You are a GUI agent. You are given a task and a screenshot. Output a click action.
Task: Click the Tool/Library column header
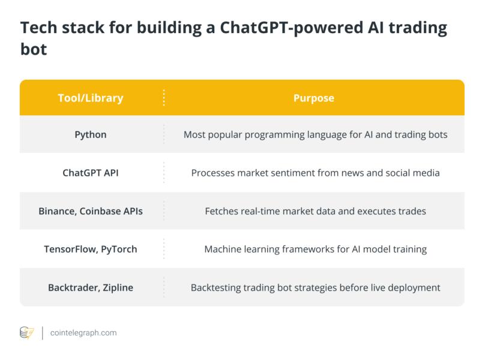[x=90, y=98]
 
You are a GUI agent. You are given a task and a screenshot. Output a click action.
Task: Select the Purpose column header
[x=313, y=98]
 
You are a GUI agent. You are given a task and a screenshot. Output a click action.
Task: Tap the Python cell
[x=90, y=134]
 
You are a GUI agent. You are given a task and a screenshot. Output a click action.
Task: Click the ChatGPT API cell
[x=90, y=173]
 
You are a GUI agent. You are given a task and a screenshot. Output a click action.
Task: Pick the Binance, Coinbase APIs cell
[x=90, y=211]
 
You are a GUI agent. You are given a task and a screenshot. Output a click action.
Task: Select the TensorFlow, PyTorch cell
[x=90, y=249]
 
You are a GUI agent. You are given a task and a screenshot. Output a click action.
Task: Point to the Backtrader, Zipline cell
[x=90, y=287]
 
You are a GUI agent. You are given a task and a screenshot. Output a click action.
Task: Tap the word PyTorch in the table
[x=118, y=249]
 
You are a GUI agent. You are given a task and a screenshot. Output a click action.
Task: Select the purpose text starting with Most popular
[x=315, y=134]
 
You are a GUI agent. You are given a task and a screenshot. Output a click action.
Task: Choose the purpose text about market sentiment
[x=315, y=173]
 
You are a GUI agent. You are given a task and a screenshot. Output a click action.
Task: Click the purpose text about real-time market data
[x=315, y=211]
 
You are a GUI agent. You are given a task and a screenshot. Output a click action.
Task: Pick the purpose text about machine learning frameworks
[x=315, y=249]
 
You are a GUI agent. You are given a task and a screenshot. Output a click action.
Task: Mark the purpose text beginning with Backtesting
[x=315, y=287]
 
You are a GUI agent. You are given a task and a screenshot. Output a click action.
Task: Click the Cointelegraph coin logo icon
[x=27, y=332]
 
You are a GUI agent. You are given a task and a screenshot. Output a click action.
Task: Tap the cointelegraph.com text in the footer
[x=84, y=332]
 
